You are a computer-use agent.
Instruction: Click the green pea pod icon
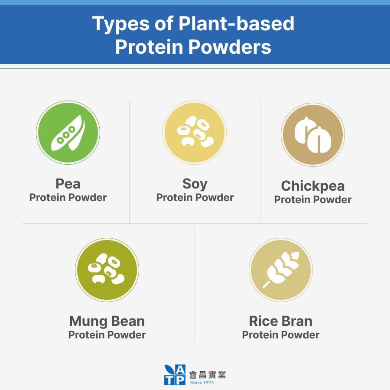[68, 133]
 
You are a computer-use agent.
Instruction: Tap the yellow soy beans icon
[195, 133]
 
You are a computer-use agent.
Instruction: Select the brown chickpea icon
[313, 135]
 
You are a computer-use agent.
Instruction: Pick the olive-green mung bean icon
[107, 270]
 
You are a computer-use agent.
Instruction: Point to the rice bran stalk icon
[281, 270]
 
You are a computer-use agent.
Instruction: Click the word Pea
[68, 184]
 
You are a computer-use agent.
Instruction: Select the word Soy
[195, 184]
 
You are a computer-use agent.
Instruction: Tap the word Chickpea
[313, 186]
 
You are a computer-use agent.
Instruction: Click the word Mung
[88, 322]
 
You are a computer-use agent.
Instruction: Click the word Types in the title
[121, 24]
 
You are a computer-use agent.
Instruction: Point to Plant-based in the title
[237, 23]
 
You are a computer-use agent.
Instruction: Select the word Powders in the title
[230, 47]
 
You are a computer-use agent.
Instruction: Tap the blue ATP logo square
[175, 375]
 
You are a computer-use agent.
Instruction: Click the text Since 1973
[201, 382]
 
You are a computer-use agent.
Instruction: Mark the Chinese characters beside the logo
[208, 374]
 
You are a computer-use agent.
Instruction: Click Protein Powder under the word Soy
[195, 198]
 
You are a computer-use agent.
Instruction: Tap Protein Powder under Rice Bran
[281, 335]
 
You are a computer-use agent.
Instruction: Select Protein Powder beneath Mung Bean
[107, 335]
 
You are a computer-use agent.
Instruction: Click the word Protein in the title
[149, 47]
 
